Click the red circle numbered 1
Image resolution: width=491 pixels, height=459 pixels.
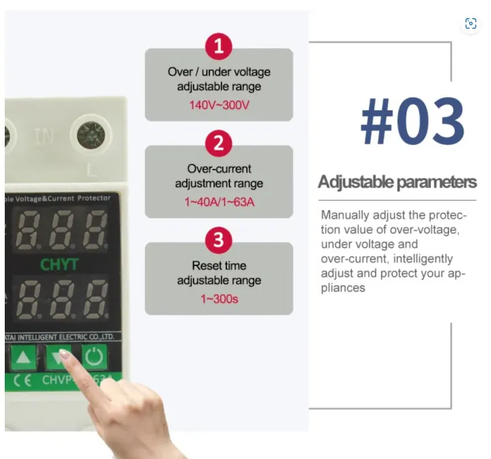[218, 47]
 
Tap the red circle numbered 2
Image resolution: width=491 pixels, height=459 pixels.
[218, 144]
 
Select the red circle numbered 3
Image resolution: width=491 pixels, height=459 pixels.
[218, 240]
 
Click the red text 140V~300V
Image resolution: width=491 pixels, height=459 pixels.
[218, 106]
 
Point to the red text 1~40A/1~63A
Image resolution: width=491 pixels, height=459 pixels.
[219, 202]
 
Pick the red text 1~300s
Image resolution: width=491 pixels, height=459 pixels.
[219, 299]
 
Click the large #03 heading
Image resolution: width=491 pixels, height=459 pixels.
[412, 123]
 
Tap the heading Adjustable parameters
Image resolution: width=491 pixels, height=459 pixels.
[397, 182]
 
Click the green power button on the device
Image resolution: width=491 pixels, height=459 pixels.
[94, 356]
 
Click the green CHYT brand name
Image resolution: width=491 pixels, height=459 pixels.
[59, 264]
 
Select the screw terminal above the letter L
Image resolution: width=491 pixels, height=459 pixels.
[90, 134]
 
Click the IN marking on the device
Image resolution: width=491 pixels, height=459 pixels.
[43, 137]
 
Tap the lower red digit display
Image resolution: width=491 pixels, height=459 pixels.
[62, 299]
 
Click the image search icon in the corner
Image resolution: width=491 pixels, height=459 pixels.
[471, 23]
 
